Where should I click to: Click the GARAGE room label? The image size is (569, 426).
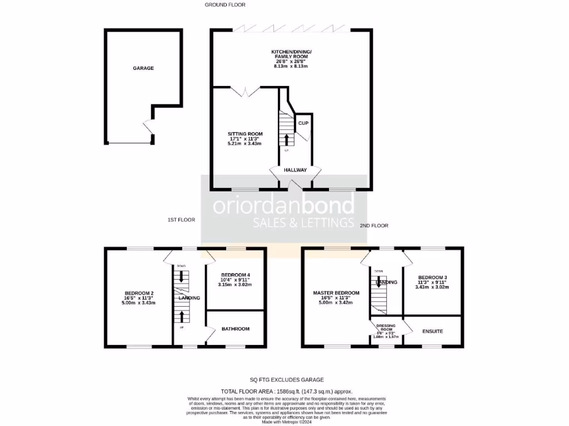click(143, 68)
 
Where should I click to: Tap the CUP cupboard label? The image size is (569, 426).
click(303, 123)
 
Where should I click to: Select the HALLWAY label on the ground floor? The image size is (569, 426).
click(295, 170)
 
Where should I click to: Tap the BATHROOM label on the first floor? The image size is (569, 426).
click(236, 329)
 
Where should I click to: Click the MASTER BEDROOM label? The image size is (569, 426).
click(336, 293)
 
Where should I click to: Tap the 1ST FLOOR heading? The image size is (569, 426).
click(181, 220)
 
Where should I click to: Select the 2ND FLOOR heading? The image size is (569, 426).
click(374, 226)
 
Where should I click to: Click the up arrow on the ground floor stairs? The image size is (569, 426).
click(287, 139)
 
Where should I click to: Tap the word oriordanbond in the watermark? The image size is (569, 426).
click(284, 206)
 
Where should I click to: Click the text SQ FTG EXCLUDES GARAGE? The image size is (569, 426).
click(287, 380)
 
